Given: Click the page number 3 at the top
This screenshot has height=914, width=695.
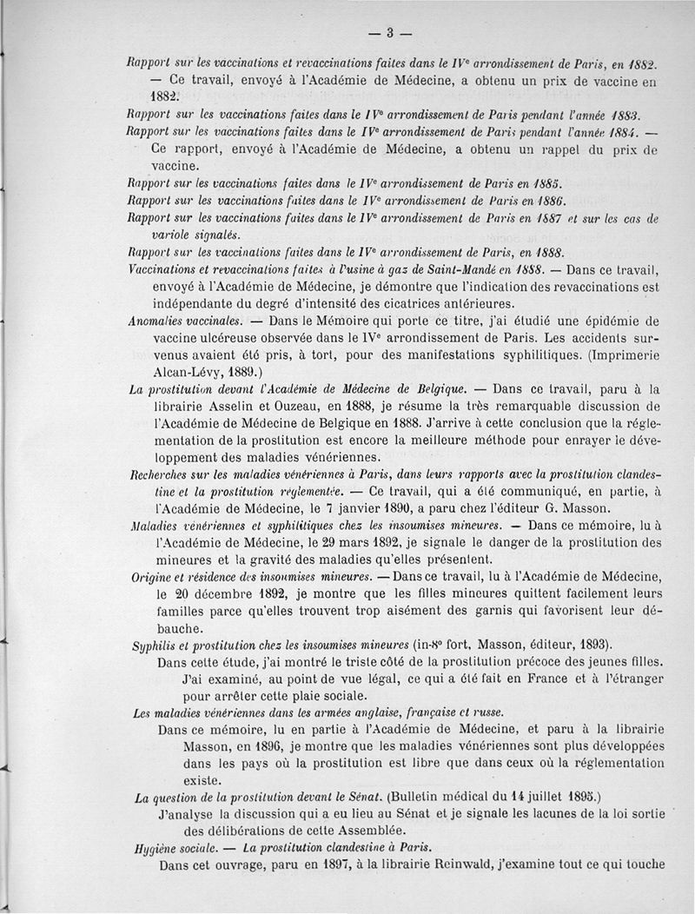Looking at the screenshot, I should click(x=390, y=34).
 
